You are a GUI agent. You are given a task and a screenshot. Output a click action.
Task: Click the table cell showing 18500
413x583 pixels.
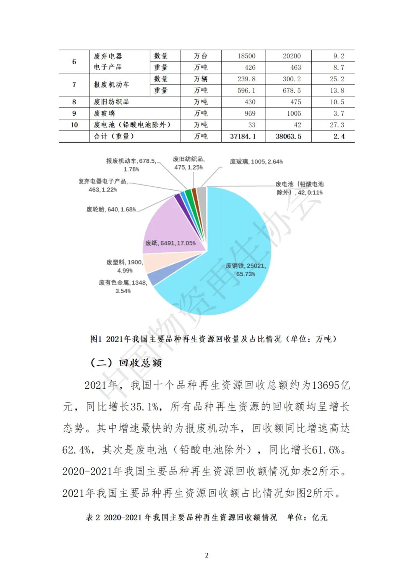click(246, 56)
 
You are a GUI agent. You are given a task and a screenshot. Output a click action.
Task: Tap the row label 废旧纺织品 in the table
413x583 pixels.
click(111, 102)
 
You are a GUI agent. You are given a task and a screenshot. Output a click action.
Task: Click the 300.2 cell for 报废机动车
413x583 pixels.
click(291, 79)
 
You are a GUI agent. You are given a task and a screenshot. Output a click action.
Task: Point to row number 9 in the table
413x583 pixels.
click(74, 113)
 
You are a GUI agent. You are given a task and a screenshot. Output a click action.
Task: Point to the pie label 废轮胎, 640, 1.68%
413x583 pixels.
click(111, 209)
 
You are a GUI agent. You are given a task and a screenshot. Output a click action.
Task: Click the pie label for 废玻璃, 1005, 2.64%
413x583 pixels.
click(256, 161)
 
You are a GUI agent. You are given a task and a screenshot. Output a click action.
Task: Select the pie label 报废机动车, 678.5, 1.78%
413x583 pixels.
click(131, 165)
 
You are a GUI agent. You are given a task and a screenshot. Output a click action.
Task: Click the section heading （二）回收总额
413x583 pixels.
click(126, 363)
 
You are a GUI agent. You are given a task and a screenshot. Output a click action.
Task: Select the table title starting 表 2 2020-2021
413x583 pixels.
click(206, 517)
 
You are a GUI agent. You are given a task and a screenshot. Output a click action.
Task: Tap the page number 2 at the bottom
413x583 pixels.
click(206, 555)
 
